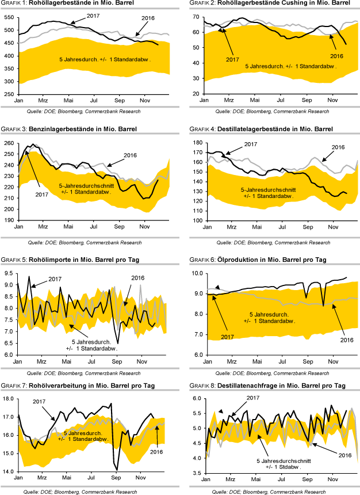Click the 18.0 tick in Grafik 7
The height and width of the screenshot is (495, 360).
tap(9, 398)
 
